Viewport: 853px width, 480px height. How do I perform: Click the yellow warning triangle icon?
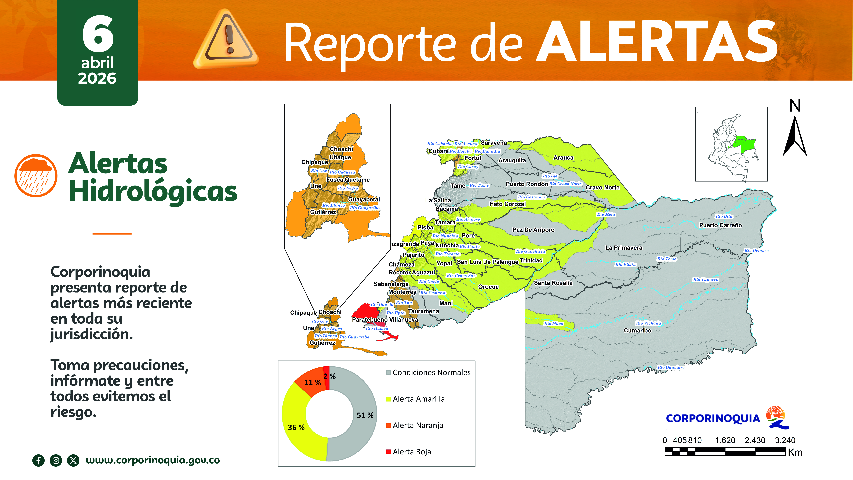[x=226, y=40]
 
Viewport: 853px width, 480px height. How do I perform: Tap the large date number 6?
[x=98, y=34]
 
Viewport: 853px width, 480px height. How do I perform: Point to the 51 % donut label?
[x=365, y=415]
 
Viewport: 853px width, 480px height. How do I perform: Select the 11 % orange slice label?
[x=312, y=383]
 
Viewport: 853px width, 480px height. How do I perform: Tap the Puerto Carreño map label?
[x=720, y=225]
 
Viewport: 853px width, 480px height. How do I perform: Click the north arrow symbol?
[x=795, y=136]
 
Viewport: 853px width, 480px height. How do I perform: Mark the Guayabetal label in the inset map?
[x=364, y=199]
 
